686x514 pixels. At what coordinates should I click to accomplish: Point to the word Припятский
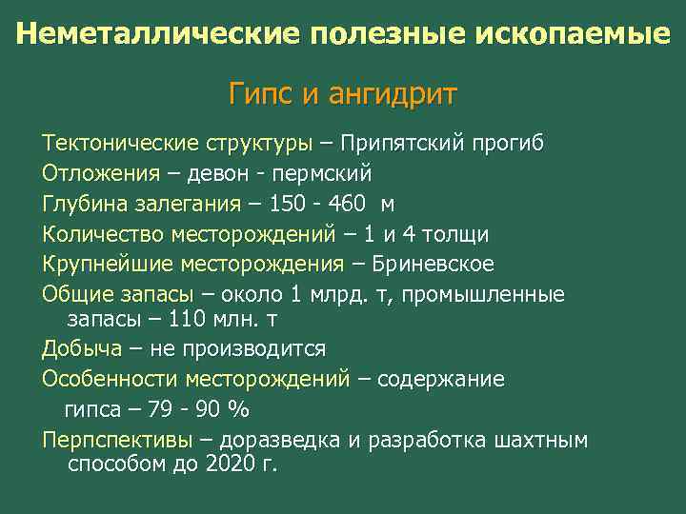tap(404, 145)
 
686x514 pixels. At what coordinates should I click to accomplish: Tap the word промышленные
tap(483, 294)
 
